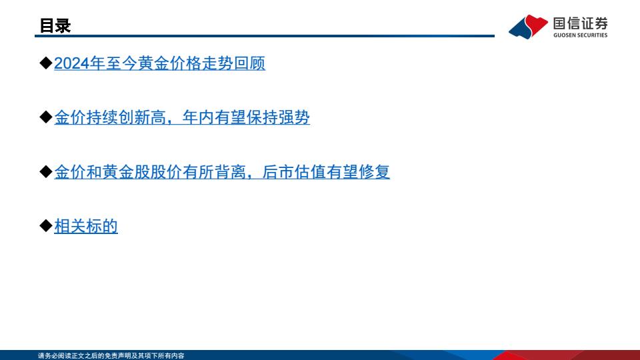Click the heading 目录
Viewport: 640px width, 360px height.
point(55,26)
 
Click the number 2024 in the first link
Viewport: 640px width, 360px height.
point(72,63)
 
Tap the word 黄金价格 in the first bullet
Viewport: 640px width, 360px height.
point(169,63)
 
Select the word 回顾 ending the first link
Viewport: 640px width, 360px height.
point(249,63)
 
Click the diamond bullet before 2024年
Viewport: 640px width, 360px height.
point(46,63)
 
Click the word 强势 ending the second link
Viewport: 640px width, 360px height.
point(294,117)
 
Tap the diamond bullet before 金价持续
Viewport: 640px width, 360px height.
point(46,117)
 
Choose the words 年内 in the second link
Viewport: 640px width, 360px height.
point(198,117)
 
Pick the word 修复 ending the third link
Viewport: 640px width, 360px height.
point(374,172)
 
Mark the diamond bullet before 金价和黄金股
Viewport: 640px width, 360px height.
point(46,171)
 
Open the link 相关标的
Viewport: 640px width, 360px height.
point(86,226)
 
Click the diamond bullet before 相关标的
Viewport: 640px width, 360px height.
point(46,226)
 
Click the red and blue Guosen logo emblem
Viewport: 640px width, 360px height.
point(528,27)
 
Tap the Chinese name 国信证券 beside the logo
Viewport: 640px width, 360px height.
point(581,23)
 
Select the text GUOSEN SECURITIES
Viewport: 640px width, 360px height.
point(581,35)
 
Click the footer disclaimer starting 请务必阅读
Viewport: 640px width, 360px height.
point(111,356)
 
